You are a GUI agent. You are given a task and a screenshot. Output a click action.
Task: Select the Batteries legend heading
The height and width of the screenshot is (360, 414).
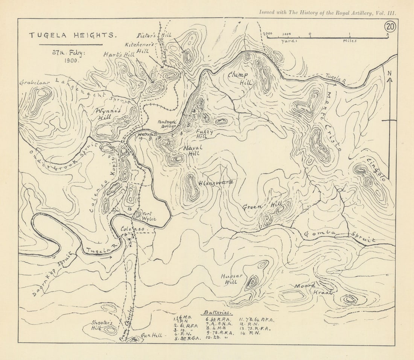[218, 313]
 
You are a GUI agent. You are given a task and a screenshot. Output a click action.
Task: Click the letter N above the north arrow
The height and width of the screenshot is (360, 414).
[390, 73]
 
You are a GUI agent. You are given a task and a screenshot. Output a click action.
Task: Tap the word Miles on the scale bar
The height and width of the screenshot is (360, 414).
[350, 41]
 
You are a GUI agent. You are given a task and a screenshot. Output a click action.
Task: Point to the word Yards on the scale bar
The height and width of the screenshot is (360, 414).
[289, 41]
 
